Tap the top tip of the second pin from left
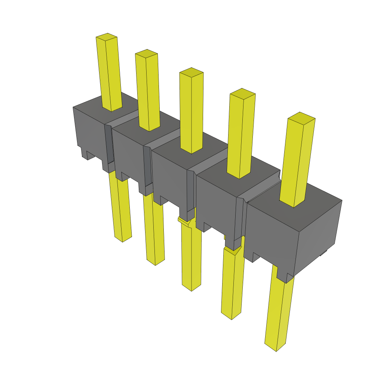[146, 53]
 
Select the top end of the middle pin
[191, 72]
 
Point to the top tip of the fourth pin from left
[242, 92]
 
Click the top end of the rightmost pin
[301, 117]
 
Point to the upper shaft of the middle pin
[191, 112]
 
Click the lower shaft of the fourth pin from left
[232, 281]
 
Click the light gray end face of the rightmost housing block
[318, 236]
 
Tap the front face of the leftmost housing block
[90, 131]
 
